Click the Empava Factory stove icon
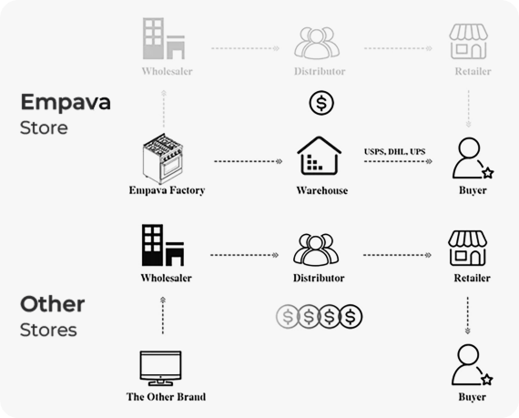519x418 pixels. point(163,158)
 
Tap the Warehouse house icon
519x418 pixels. point(319,156)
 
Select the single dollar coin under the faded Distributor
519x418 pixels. point(321,103)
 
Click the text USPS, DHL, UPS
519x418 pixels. point(394,151)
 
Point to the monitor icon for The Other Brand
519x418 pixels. point(160,368)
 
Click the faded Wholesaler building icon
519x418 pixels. point(164,38)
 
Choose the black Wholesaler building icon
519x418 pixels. point(163,245)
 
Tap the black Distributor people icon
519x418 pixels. point(316,250)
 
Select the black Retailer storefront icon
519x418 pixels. point(467,249)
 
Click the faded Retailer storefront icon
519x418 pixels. point(468,41)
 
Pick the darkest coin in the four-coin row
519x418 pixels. point(351,316)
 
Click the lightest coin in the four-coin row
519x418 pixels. point(288,316)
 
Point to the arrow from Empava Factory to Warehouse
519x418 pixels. point(249,161)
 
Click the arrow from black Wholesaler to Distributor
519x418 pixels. point(244,255)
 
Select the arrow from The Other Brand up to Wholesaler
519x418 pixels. point(162,315)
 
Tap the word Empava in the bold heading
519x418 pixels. point(66,102)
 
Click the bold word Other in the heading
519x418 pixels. point(52,304)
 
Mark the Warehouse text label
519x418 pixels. point(322,190)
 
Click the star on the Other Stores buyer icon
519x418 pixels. point(486,380)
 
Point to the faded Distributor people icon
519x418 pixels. point(317,43)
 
